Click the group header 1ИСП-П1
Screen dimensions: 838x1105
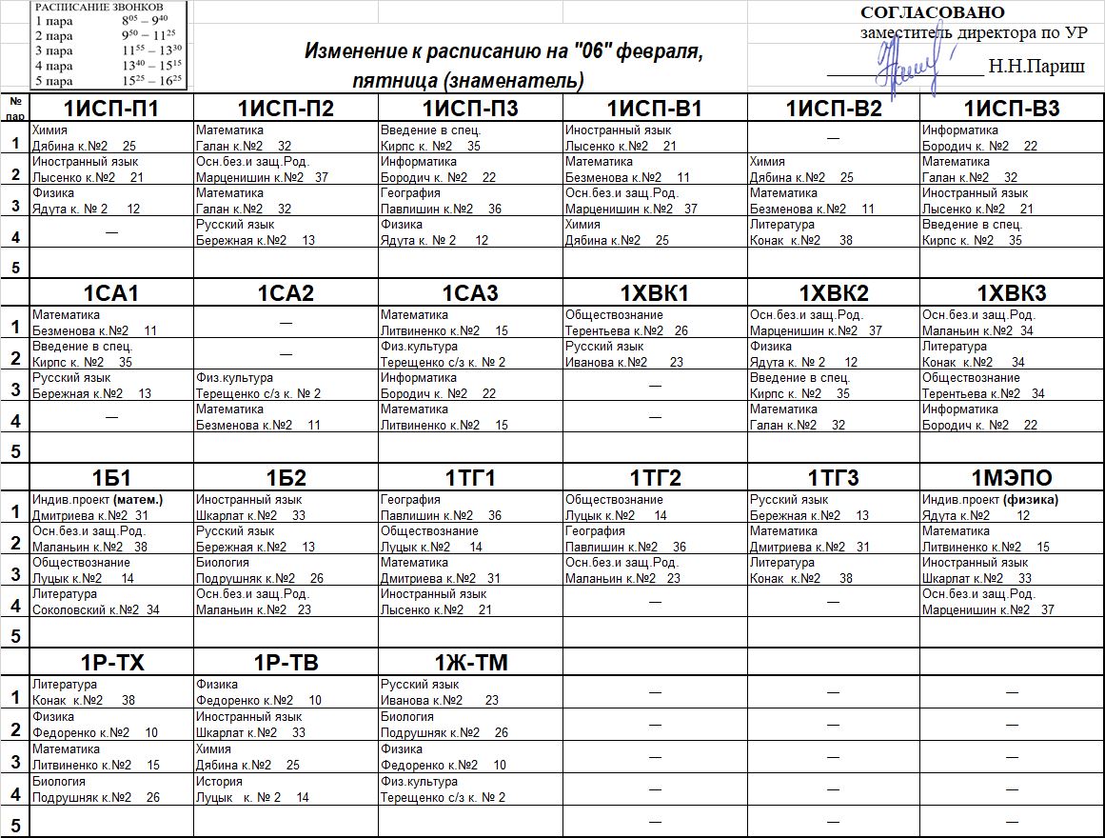[x=111, y=109]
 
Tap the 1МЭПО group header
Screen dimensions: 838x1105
[x=1012, y=478]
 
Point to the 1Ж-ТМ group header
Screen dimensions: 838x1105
[x=472, y=664]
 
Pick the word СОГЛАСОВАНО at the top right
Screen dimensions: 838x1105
[x=932, y=12]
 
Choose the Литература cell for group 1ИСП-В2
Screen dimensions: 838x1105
[x=799, y=232]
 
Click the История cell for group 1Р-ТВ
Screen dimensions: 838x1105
[x=252, y=789]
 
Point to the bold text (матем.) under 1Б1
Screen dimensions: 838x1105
[x=138, y=499]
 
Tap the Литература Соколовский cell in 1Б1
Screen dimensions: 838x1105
[x=95, y=602]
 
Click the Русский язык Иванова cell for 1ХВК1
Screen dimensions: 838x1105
[x=623, y=354]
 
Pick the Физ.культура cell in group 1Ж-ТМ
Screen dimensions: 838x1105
[x=443, y=789]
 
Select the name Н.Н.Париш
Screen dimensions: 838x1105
[x=1023, y=67]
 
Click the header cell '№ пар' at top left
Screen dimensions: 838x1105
[x=15, y=106]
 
